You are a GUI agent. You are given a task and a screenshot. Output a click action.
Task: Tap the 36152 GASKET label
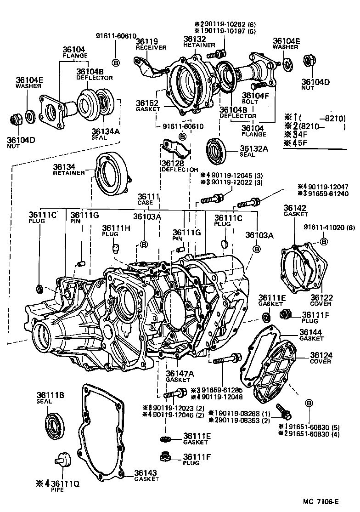tap(147, 105)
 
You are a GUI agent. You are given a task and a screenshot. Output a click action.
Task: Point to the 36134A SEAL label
tap(105, 134)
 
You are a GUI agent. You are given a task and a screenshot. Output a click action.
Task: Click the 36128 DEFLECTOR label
tap(173, 166)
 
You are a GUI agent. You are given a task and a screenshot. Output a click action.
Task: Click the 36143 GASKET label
tap(146, 476)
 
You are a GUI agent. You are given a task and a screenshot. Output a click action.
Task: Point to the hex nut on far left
tap(17, 121)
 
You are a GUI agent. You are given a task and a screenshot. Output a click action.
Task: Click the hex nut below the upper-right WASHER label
tap(308, 62)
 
